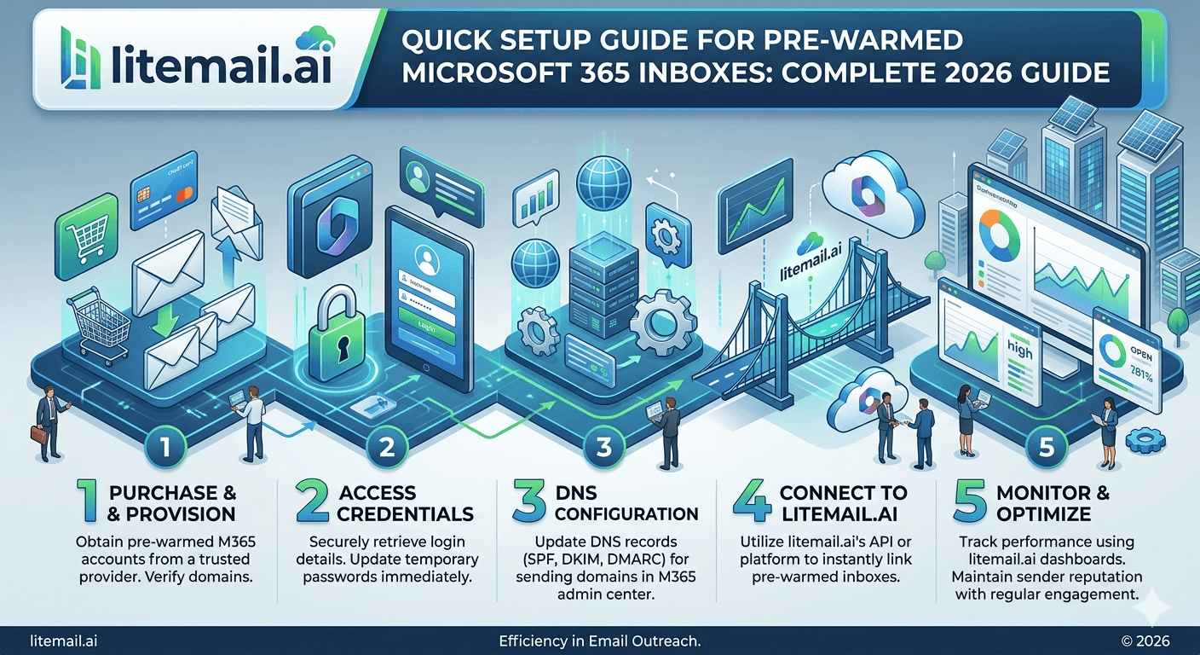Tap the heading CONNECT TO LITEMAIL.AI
[x=842, y=503]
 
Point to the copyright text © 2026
[x=1145, y=641]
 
